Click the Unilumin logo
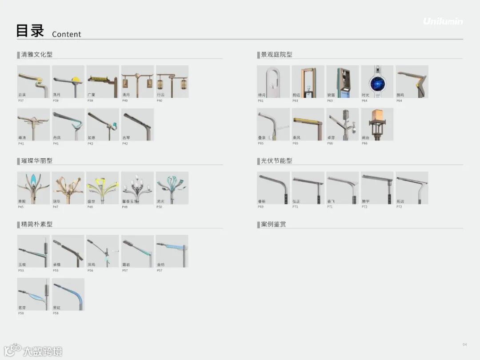point(443,21)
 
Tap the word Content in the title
point(67,34)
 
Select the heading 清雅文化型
point(37,55)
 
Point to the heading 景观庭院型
point(276,55)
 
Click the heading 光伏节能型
point(276,161)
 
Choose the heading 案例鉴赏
point(273,224)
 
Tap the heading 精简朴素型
point(37,224)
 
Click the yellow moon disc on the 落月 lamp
point(76,80)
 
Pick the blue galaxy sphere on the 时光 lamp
point(377,83)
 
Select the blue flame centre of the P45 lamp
point(33,180)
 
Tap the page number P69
point(260,207)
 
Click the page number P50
point(160,207)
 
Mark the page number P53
point(21,270)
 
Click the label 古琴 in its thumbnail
point(126,138)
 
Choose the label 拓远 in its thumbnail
point(400,201)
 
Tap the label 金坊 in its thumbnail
point(161,264)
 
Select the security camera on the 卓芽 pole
point(353,131)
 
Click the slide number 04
point(465,344)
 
